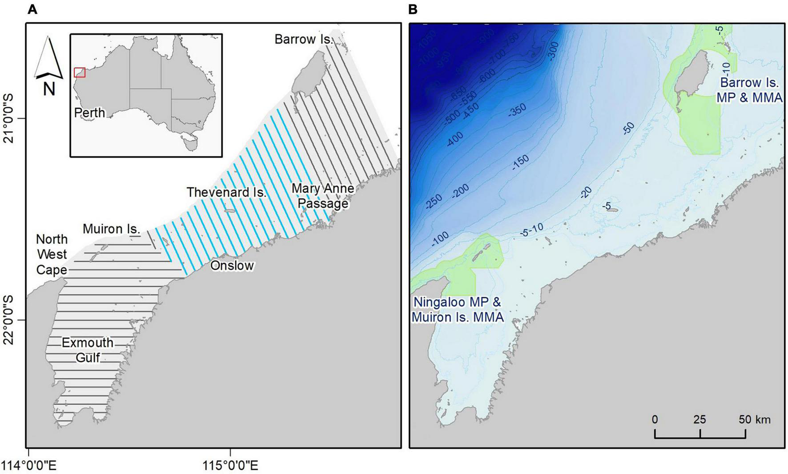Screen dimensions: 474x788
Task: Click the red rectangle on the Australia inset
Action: [80, 73]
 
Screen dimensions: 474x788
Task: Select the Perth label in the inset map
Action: [89, 113]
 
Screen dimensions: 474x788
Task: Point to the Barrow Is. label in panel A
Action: [304, 39]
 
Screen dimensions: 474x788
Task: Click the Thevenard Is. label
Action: [226, 192]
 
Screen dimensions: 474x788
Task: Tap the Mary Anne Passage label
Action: [323, 196]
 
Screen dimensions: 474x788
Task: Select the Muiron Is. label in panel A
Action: [112, 229]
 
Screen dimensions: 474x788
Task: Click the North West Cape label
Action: [52, 255]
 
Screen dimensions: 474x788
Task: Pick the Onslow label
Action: [232, 266]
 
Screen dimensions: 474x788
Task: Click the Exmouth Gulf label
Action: [88, 350]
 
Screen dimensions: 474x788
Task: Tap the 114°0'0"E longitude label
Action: [28, 466]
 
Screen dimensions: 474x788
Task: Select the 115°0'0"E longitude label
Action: [230, 466]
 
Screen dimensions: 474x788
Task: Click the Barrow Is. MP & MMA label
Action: [749, 90]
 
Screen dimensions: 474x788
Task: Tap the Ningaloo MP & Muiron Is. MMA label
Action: [458, 309]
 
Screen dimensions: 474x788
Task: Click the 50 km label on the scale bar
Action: [755, 419]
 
